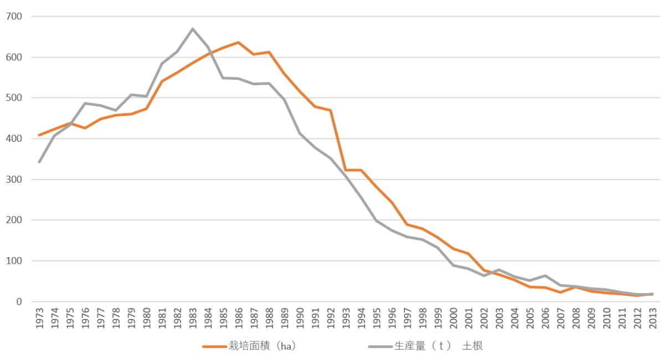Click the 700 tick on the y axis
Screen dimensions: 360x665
(x=14, y=17)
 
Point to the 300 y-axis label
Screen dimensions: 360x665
(x=14, y=179)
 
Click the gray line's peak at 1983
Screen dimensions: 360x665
(x=192, y=29)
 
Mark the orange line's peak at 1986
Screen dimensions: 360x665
(x=238, y=43)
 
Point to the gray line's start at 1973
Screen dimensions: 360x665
(x=39, y=162)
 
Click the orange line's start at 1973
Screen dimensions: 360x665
(x=39, y=135)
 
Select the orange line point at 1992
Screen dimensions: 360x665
(x=330, y=110)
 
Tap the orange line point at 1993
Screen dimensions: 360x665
(x=346, y=170)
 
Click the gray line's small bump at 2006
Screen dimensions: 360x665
(x=545, y=276)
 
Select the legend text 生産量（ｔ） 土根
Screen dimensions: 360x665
(x=438, y=346)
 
